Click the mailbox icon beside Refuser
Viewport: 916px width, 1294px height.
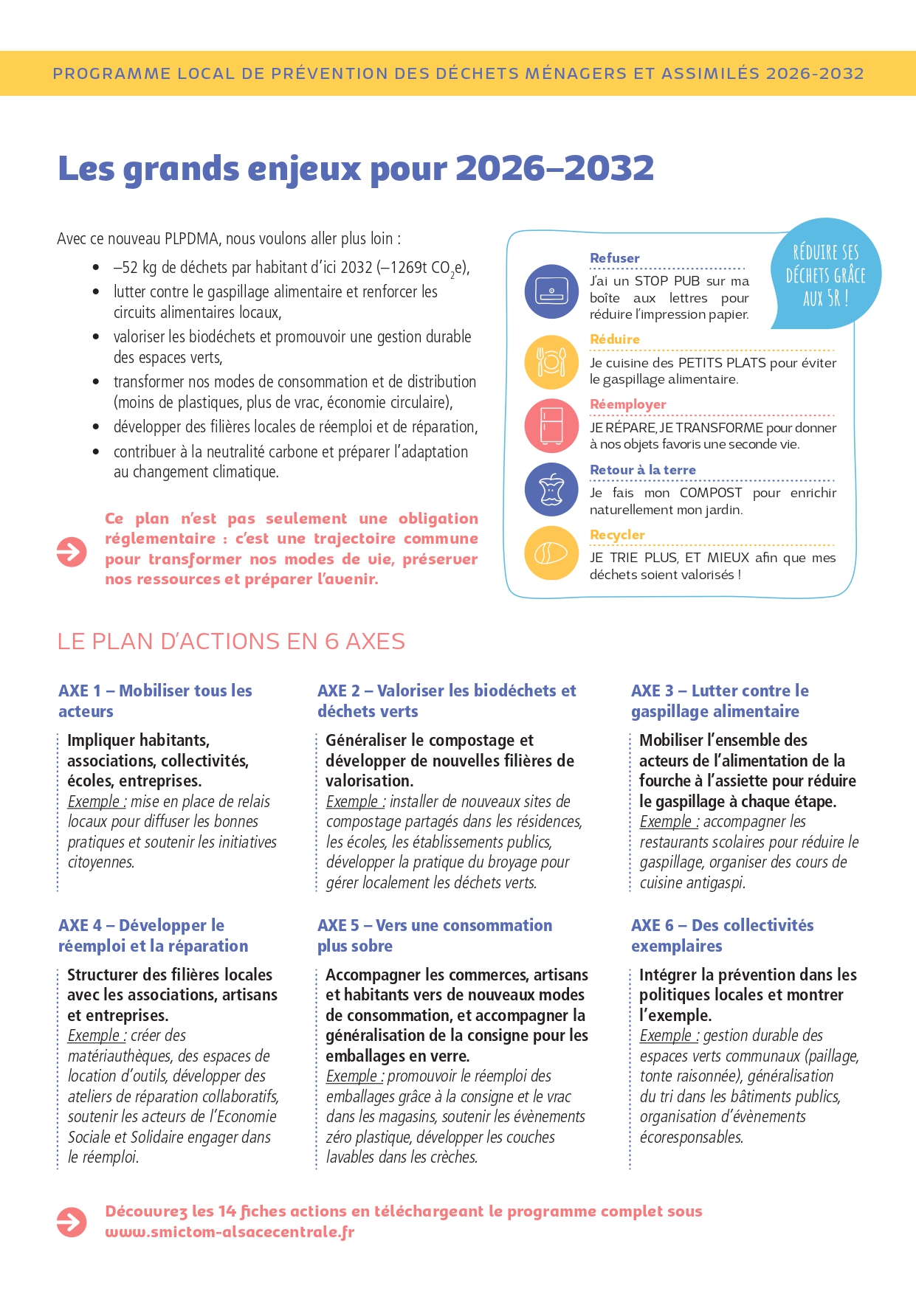click(x=551, y=291)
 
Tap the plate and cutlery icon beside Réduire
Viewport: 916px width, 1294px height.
click(x=551, y=361)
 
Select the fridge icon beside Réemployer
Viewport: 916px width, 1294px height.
click(x=551, y=426)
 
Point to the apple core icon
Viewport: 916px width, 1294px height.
click(x=551, y=489)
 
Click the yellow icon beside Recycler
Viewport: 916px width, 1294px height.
click(x=551, y=553)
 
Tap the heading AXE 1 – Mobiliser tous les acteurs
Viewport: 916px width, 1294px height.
click(x=155, y=701)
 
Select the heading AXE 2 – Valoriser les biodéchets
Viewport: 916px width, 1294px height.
click(x=447, y=701)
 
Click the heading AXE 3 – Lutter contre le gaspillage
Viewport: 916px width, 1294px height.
click(x=720, y=701)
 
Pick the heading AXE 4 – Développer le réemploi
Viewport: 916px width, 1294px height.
click(x=153, y=935)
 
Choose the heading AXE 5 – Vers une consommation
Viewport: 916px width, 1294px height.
click(x=434, y=935)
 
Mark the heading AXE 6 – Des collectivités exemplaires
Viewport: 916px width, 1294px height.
click(x=722, y=935)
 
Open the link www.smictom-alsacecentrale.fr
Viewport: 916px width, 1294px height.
click(x=230, y=1232)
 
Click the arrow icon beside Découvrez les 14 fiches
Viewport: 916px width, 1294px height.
click(x=72, y=1222)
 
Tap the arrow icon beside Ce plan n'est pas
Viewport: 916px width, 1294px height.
click(x=72, y=551)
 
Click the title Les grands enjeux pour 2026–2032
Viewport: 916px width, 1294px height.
click(x=356, y=168)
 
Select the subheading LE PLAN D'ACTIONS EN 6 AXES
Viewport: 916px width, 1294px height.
click(x=231, y=641)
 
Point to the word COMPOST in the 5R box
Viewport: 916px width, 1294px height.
click(x=710, y=493)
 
